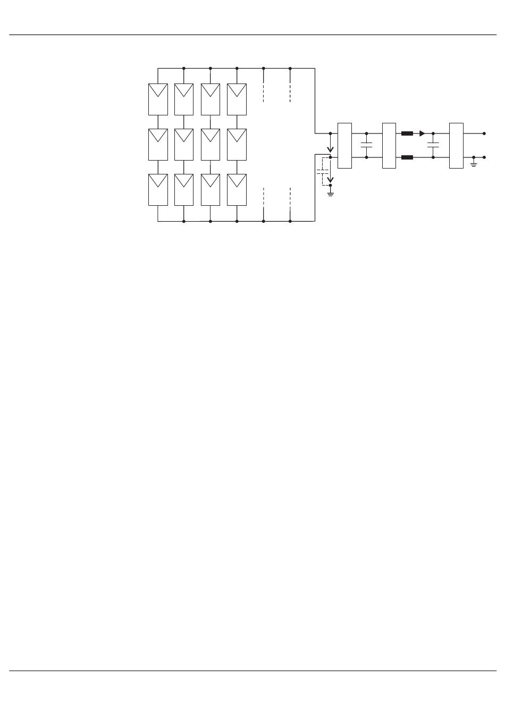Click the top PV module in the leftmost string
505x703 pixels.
click(158, 99)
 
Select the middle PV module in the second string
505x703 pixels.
click(184, 144)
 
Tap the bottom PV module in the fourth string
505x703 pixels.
click(237, 190)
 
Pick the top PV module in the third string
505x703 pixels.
click(211, 99)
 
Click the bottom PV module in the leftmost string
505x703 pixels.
click(158, 190)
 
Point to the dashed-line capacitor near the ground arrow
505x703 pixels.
click(322, 172)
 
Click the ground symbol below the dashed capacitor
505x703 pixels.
click(330, 194)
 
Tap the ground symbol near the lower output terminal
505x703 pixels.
click(474, 165)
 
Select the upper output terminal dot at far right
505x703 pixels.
click(484, 133)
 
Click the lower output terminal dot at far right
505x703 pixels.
click(484, 157)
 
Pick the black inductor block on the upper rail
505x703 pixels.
click(407, 133)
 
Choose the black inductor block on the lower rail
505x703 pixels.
click(407, 157)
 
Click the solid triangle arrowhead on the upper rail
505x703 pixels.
click(422, 133)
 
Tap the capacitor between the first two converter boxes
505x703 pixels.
click(366, 145)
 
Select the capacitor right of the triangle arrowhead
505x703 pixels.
click(433, 145)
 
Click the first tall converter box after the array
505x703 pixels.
click(344, 146)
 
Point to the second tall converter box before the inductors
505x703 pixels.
click(389, 146)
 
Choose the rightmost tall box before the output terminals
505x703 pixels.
click(456, 146)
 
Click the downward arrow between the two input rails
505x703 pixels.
click(330, 149)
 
